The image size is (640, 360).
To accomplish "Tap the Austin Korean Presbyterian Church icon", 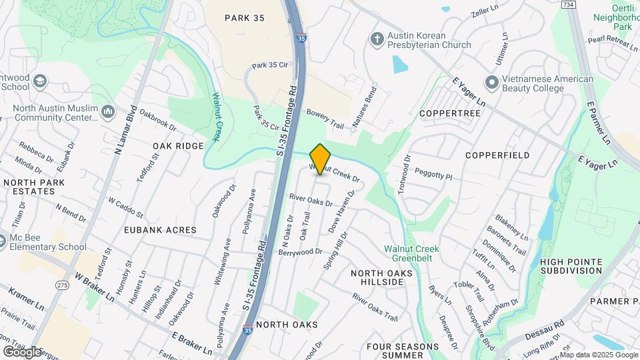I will click(376, 39).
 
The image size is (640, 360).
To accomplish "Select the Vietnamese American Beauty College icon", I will click(492, 83).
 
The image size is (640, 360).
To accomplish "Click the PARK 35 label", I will click(245, 18).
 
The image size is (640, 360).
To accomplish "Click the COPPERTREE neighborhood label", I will click(450, 113).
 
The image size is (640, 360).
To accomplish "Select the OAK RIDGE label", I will click(177, 146).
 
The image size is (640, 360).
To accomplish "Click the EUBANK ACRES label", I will click(160, 230).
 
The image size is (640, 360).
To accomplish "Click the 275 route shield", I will click(63, 267).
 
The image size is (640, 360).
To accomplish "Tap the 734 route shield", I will click(568, 4).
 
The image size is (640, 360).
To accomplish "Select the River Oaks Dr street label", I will click(310, 199).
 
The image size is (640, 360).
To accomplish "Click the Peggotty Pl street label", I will click(433, 174).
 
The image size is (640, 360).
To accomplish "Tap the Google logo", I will click(22, 351).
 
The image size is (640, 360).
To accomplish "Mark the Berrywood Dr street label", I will click(300, 252).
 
